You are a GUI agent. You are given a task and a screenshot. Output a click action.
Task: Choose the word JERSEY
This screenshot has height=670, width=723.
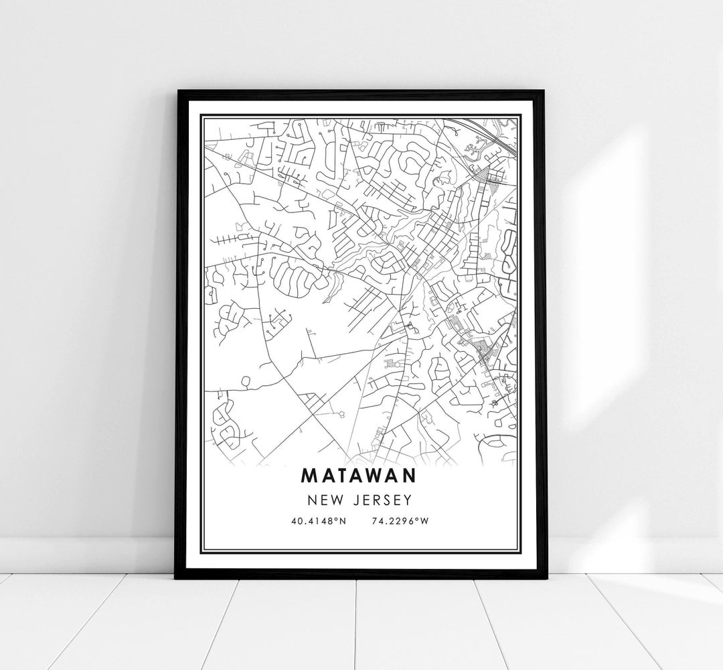pyautogui.click(x=380, y=500)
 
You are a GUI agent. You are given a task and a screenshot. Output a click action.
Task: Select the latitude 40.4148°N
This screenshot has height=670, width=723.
pyautogui.click(x=318, y=521)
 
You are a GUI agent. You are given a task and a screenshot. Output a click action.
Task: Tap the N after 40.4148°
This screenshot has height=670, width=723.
pyautogui.click(x=342, y=521)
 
